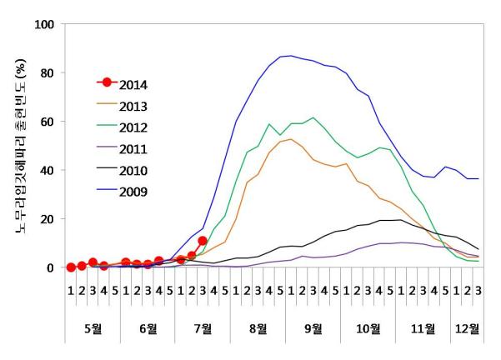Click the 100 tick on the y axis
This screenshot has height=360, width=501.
pyautogui.click(x=43, y=24)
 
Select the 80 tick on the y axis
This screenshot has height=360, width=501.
pyautogui.click(x=47, y=72)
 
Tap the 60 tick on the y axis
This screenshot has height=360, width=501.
pyautogui.click(x=47, y=122)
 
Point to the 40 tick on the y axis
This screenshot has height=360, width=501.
pyautogui.click(x=47, y=170)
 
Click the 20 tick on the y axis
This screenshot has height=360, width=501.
pyautogui.click(x=47, y=219)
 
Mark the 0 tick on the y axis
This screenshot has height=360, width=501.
pyautogui.click(x=50, y=267)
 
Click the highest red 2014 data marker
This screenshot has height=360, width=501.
pyautogui.click(x=203, y=241)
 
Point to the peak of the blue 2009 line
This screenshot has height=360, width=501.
pyautogui.click(x=290, y=56)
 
